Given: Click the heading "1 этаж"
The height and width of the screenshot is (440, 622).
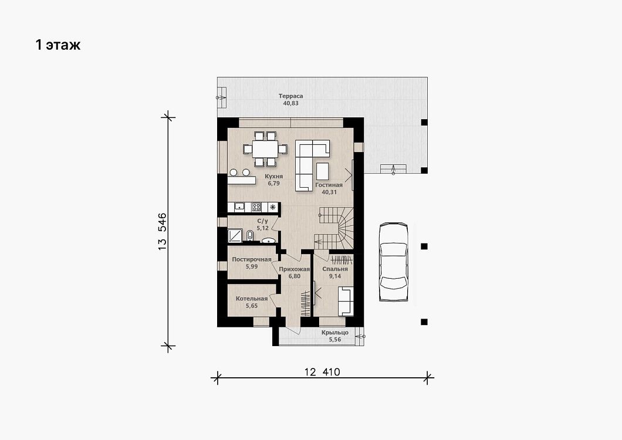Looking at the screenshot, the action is (58, 45).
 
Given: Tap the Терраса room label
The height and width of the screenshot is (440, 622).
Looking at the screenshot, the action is (290, 96).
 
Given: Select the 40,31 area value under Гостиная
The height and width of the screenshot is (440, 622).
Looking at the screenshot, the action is (329, 192).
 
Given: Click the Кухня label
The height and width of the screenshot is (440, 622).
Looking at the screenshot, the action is (273, 176).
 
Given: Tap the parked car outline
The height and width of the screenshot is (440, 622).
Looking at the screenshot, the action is (393, 262).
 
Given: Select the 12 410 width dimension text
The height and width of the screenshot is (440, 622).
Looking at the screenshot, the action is (322, 372).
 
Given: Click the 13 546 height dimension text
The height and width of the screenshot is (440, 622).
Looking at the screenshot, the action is (162, 232).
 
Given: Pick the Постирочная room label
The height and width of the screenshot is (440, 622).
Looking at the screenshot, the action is (252, 259).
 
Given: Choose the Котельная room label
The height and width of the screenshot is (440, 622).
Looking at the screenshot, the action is (252, 299).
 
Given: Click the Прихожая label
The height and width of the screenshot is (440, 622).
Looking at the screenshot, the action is (295, 269).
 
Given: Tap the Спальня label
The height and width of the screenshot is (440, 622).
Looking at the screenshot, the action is (335, 269).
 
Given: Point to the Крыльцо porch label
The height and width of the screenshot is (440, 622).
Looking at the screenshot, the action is (335, 333).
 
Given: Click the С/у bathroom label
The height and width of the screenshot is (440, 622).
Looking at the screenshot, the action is (263, 221).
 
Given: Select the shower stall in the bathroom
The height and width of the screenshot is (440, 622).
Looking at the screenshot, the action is (235, 236).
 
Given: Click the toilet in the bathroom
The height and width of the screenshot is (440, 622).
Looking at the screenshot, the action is (250, 236).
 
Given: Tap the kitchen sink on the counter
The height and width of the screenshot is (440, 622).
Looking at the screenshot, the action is (239, 207).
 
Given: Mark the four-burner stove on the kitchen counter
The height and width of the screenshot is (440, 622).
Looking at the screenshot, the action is (256, 207).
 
